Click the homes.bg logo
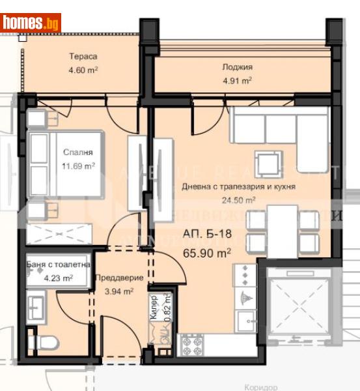31,22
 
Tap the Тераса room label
84,56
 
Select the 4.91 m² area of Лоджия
238,81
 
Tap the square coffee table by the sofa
268,164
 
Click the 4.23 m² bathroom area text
57,277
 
